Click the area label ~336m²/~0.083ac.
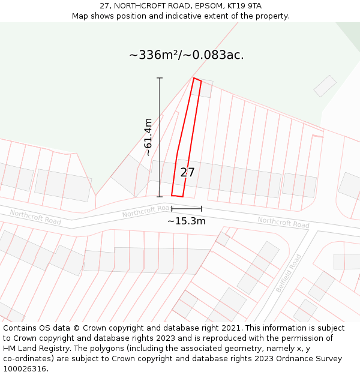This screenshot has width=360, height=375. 186,55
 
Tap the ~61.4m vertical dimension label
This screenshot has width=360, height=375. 148,137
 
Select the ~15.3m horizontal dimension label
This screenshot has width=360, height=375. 186,221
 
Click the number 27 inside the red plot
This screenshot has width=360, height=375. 187,172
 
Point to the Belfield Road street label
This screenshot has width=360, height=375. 289,273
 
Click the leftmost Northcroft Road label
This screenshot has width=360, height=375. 35,217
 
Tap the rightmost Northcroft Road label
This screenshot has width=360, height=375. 283,222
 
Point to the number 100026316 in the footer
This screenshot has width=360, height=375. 26,368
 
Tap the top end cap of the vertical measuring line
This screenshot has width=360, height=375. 160,78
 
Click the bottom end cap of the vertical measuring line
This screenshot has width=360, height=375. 160,196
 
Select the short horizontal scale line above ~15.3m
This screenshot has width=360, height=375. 186,209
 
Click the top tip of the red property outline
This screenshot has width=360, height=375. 194,78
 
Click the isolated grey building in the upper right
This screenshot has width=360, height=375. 325,86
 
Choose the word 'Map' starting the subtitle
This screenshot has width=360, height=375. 80,16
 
